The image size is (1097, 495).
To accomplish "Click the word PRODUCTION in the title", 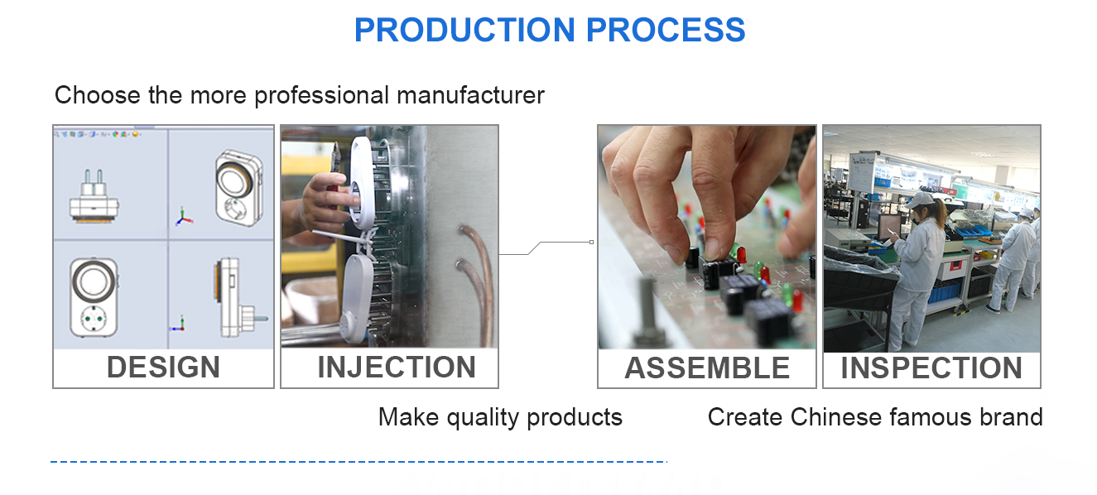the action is [464, 30].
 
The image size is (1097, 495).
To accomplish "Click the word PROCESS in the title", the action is [666, 30].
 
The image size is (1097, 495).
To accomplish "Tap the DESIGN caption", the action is [163, 368].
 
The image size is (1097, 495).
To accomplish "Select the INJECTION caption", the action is [397, 368].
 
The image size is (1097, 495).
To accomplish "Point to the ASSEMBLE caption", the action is [707, 368].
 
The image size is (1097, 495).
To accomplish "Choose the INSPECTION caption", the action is [931, 368].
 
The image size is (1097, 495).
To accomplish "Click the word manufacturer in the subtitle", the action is [470, 95].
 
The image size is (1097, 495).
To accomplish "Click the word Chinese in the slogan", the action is [836, 417].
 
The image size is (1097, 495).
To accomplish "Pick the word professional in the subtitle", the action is [322, 96].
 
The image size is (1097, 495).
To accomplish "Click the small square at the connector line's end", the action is [592, 242].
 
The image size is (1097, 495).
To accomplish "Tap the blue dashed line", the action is [358, 461].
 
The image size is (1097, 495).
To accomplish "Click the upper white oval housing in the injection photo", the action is [362, 182].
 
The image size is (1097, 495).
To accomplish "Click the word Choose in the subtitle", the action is [98, 95].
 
